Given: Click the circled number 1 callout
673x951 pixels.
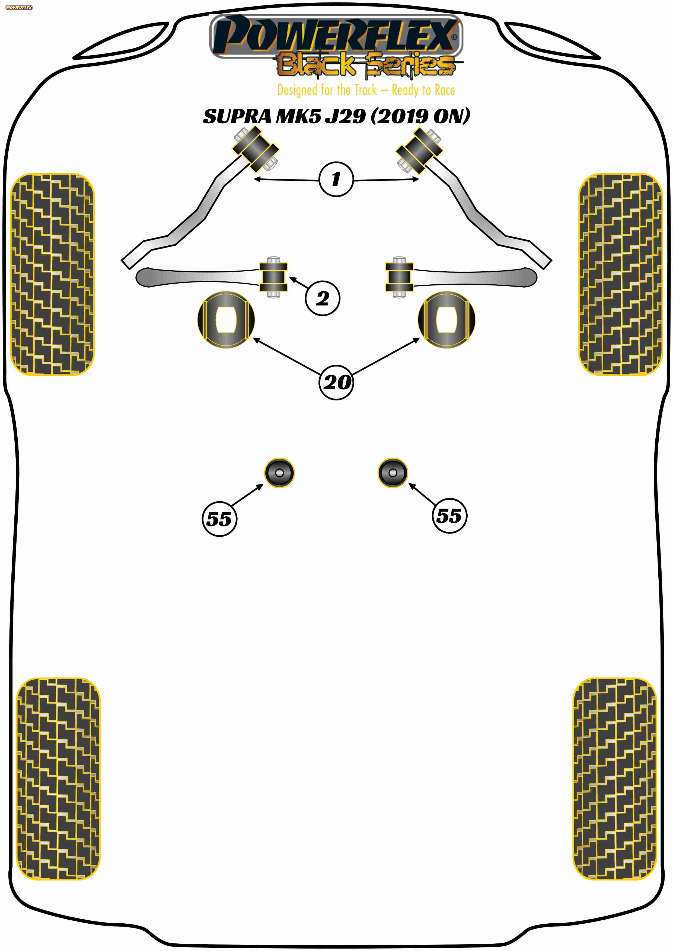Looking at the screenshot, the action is (336, 179).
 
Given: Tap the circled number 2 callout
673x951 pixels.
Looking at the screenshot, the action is (323, 298).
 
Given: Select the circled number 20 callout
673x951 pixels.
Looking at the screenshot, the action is (336, 382).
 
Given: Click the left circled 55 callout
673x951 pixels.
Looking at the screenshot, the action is (219, 519).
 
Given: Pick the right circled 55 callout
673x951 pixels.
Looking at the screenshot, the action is (449, 515).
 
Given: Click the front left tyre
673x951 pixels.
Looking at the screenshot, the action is (52, 274).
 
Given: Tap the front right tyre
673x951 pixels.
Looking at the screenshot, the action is (620, 274).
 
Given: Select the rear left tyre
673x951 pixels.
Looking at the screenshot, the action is (58, 779).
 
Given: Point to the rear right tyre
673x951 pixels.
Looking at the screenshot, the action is (615, 779).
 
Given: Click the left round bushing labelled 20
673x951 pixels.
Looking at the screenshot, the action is (226, 319).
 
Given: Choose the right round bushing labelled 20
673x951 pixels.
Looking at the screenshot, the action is (447, 319).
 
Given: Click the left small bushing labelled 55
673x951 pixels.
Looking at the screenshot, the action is (279, 473).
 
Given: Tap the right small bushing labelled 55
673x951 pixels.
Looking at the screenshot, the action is (393, 473).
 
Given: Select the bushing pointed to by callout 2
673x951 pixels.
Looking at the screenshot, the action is (273, 277).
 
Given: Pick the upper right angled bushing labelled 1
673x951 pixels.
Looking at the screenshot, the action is (419, 151).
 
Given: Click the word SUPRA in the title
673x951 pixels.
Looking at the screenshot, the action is (237, 116).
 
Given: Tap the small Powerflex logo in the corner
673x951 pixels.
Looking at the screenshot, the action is (19, 8).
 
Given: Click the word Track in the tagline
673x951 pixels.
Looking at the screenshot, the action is (365, 90).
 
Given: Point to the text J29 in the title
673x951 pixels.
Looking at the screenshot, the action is (346, 116).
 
